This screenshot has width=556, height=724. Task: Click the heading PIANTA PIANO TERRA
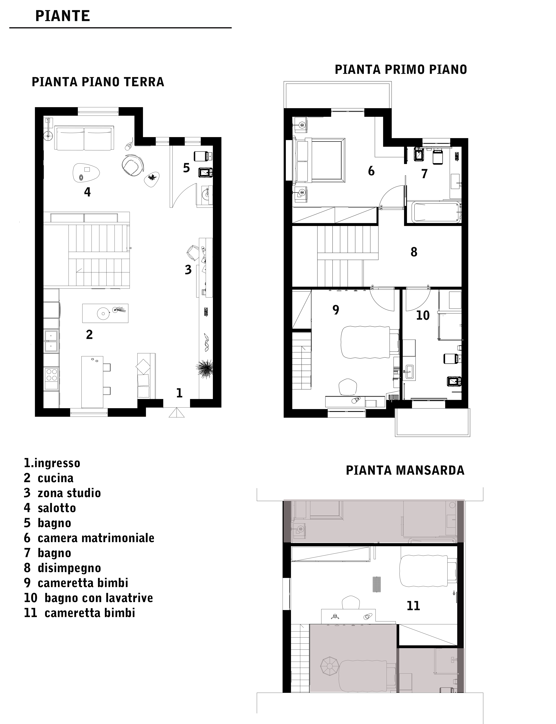click(x=98, y=82)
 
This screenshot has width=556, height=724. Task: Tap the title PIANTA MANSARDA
click(x=405, y=470)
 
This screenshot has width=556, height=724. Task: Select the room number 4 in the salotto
click(x=87, y=192)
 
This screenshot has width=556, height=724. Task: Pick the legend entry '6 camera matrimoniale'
click(x=89, y=538)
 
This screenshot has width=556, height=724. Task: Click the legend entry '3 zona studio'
click(x=62, y=493)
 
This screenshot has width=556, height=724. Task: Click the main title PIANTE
click(x=63, y=16)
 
